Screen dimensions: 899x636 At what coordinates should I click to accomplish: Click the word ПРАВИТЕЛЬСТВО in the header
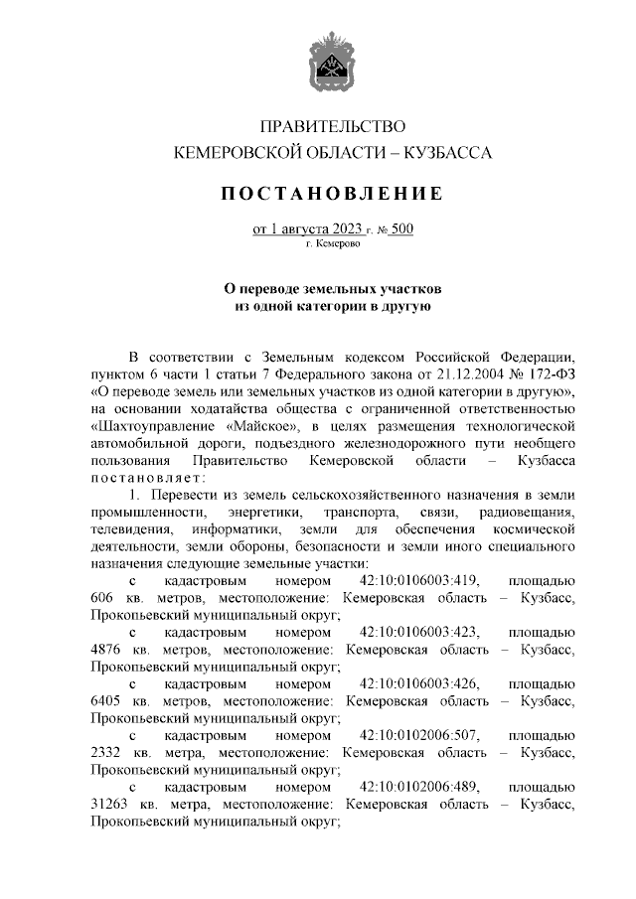point(333,127)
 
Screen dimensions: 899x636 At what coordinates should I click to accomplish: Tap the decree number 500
point(401,229)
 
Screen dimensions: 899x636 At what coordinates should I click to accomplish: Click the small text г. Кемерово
point(333,243)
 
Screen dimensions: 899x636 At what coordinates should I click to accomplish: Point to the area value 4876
point(107,649)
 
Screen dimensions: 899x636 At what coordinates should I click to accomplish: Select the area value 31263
point(111,805)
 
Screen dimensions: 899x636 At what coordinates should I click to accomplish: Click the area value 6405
point(107,701)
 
